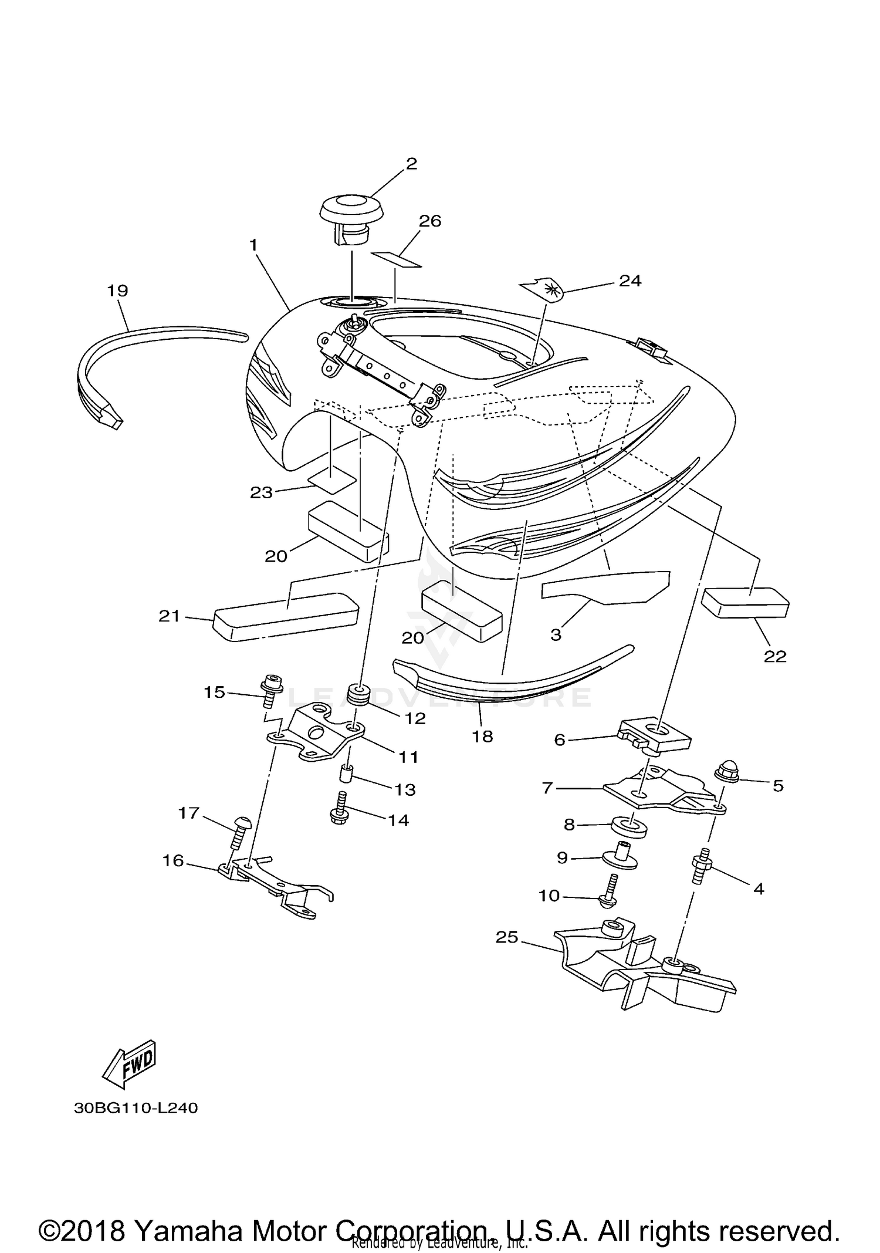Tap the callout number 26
pyautogui.click(x=429, y=221)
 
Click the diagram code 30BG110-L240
pyautogui.click(x=136, y=1108)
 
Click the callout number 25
pyautogui.click(x=507, y=937)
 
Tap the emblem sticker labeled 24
pyautogui.click(x=543, y=288)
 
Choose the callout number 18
pyautogui.click(x=482, y=736)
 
